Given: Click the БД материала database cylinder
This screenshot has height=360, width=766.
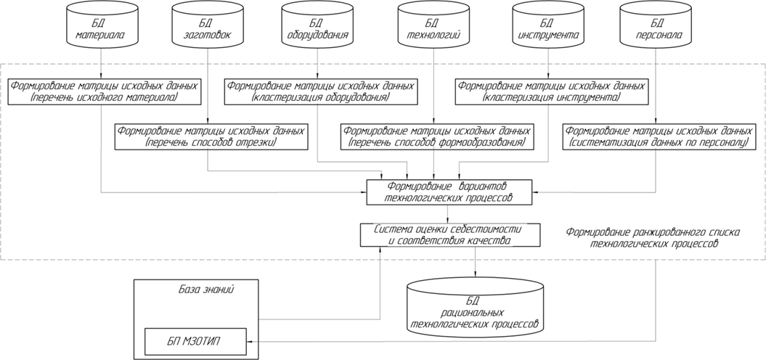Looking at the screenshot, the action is point(101,25).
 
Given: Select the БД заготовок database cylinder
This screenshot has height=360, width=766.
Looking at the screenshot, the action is point(208,25).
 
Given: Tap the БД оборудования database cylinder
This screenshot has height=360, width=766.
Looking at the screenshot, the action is point(317,25).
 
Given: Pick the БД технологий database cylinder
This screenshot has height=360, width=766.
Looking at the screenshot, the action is point(433,25).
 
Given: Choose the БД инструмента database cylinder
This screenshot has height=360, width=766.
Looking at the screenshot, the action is point(547,25).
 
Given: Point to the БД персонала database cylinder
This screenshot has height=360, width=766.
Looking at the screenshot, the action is point(655,25).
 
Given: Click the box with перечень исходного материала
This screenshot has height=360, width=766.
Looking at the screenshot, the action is point(105,91).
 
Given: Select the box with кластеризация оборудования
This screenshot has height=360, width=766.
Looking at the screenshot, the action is point(321,91).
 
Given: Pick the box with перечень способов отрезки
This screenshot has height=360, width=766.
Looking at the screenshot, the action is point(211,136).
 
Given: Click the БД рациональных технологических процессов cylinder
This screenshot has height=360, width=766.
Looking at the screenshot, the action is point(476,306).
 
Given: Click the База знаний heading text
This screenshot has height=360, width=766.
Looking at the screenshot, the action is point(207,290).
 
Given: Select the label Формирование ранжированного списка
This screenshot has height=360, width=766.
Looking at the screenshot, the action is point(653,232).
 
